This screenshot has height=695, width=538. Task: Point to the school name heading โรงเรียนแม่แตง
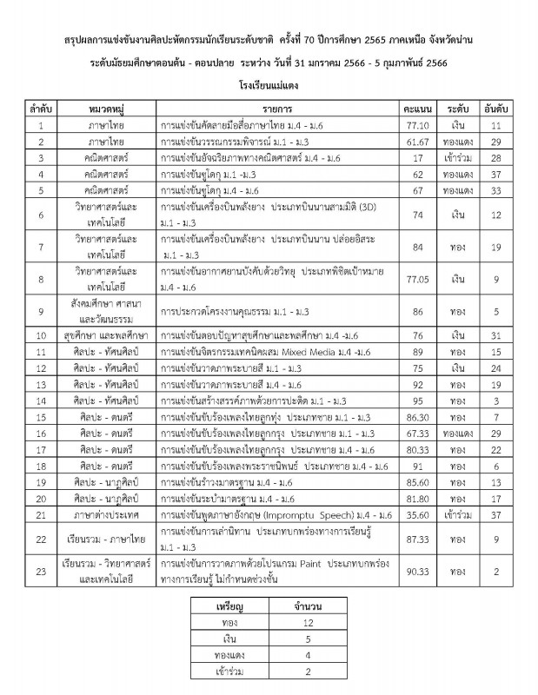[x=269, y=85]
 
